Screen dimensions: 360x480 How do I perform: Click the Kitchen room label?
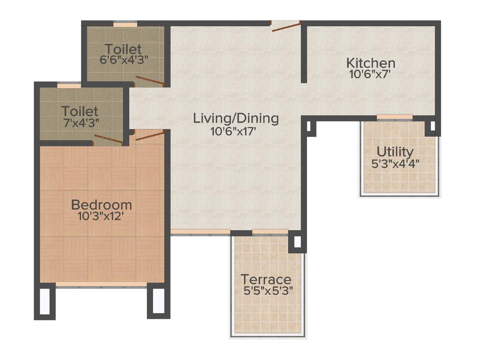point(370,62)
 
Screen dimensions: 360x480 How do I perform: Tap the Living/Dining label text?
point(236,118)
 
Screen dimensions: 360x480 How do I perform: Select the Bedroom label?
point(101,205)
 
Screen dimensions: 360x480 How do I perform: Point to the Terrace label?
point(266,279)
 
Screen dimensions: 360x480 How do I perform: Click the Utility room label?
point(395,152)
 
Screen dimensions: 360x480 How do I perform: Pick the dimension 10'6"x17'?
point(236,131)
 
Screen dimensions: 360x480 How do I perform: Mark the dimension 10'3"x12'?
point(101,217)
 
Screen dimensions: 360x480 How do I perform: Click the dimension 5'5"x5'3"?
point(268,291)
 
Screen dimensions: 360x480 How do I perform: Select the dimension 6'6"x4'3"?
point(123,60)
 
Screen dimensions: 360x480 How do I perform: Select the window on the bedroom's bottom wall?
point(101,284)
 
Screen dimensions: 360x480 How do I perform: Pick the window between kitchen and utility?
point(394,117)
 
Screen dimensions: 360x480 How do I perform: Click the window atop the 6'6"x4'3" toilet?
point(125,23)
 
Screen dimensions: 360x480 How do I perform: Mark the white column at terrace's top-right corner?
point(297,242)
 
